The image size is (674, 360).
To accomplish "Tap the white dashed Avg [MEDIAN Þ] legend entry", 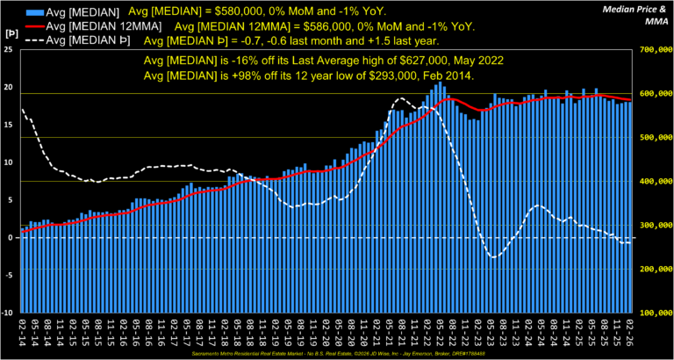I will [x=86, y=40].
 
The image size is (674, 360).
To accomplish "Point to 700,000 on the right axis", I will [x=652, y=50].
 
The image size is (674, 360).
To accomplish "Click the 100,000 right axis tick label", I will [x=652, y=313].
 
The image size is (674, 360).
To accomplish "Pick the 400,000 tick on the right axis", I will [x=652, y=182].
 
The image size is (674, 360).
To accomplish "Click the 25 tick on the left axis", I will [x=9, y=50].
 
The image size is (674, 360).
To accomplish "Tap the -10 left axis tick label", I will [x=8, y=313].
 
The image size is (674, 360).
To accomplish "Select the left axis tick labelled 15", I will [x=9, y=126].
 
